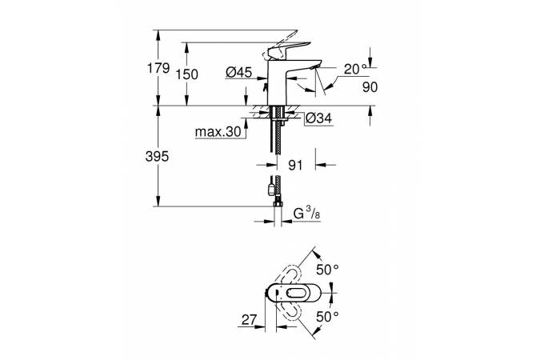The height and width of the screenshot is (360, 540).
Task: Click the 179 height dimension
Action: pos(158,69)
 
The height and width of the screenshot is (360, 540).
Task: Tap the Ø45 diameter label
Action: pos(238,73)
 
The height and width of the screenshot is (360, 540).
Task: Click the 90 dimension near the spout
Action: pos(369,86)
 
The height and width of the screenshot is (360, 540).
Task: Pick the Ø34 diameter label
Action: pos(318,119)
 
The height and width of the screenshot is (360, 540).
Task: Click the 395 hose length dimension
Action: pos(158,158)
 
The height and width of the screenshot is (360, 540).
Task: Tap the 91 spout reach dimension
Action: pos(296,165)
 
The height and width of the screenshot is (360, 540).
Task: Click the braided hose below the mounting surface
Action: pos(277,152)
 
